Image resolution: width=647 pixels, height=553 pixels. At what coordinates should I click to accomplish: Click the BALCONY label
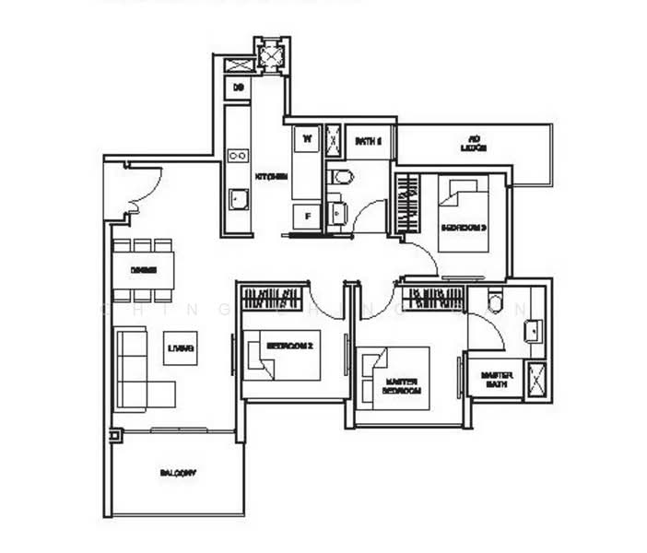pyautogui.click(x=178, y=473)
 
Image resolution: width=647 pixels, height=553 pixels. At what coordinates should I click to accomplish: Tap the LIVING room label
pyautogui.click(x=181, y=347)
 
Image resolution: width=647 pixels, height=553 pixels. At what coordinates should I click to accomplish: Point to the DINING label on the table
pyautogui.click(x=143, y=270)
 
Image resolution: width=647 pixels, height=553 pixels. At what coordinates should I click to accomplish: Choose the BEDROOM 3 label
pyautogui.click(x=463, y=227)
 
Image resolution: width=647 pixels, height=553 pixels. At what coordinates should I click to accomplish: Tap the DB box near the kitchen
pyautogui.click(x=238, y=88)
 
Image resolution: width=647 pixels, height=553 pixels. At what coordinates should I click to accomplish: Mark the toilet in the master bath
pyautogui.click(x=494, y=301)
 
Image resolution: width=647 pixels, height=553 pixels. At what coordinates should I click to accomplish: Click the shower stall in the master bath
pyautogui.click(x=536, y=380)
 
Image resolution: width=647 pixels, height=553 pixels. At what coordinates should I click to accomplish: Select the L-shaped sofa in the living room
pyautogui.click(x=141, y=369)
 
